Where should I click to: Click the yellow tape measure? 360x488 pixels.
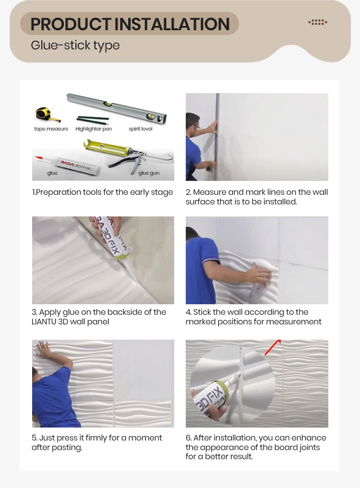44,114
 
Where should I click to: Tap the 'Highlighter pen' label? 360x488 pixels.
94,129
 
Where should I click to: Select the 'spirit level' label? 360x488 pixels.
141,129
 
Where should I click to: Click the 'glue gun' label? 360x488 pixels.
149,173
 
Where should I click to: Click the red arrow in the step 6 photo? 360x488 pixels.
273,347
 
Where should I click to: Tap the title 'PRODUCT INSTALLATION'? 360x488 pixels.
130,24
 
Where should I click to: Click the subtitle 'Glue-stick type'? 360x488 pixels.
75,46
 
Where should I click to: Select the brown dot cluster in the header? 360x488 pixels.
318,22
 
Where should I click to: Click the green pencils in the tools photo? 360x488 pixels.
93,119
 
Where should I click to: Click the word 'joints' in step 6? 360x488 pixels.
310,448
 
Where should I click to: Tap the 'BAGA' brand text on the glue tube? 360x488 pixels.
67,163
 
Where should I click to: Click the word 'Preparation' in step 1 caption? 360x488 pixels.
53,192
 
